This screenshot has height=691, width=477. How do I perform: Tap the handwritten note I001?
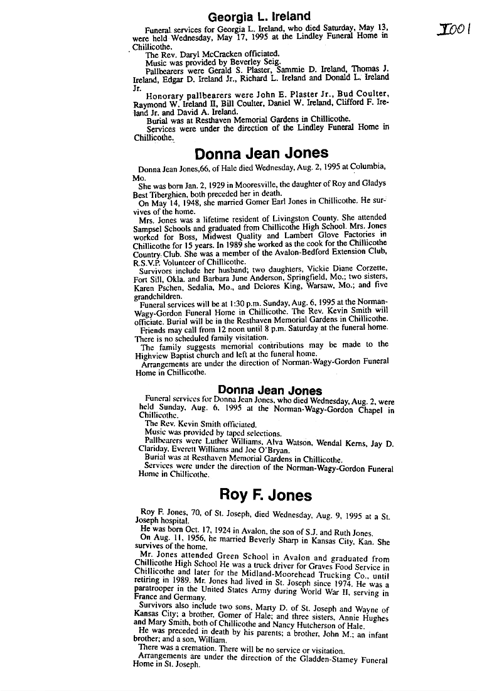(x=452, y=30)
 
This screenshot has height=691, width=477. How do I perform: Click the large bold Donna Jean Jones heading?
(x=261, y=153)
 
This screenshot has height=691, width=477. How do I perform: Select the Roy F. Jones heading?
(x=265, y=496)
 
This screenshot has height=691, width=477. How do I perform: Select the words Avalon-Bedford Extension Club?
(x=300, y=253)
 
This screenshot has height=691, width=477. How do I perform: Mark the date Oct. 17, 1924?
(x=199, y=529)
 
